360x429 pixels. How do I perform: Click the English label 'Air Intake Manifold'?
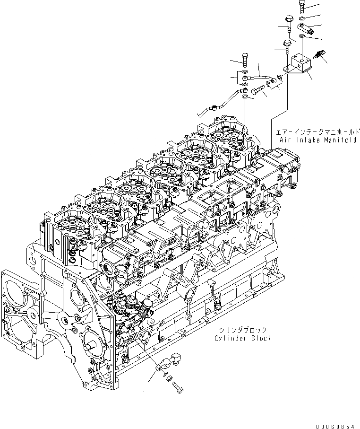click(317, 140)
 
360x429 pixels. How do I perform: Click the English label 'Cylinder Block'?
click(242, 338)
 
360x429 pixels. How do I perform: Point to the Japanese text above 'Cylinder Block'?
click(243, 330)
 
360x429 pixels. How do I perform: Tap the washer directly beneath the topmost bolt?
click(302, 18)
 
